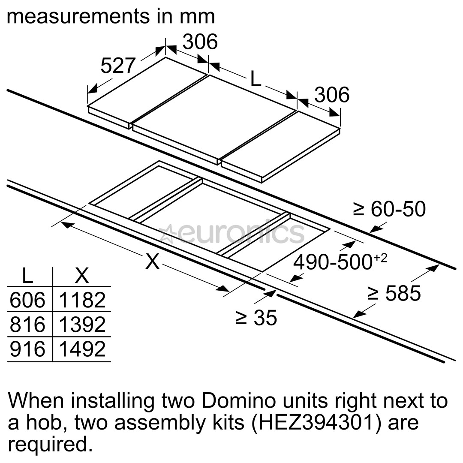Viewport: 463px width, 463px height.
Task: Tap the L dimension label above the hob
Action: pyautogui.click(x=256, y=78)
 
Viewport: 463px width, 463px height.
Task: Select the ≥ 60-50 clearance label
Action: pyautogui.click(x=389, y=209)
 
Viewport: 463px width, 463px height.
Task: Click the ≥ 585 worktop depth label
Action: pyautogui.click(x=394, y=294)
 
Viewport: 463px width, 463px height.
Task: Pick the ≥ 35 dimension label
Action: pyautogui.click(x=256, y=318)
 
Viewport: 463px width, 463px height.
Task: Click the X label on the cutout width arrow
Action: pyautogui.click(x=152, y=261)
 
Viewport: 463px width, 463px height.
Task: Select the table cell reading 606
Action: pyautogui.click(x=27, y=300)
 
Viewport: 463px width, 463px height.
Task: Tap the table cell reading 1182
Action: pyautogui.click(x=82, y=300)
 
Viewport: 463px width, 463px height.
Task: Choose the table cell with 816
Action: pyautogui.click(x=27, y=325)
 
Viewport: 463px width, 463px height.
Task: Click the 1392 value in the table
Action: pyautogui.click(x=82, y=325)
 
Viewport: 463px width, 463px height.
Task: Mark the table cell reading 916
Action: pyautogui.click(x=27, y=349)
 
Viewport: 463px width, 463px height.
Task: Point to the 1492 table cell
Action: pyautogui.click(x=82, y=349)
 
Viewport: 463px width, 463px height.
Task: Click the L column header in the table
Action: pyautogui.click(x=27, y=276)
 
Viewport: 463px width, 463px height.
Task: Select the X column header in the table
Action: pyautogui.click(x=81, y=276)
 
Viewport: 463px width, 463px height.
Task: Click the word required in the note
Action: pyautogui.click(x=51, y=445)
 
